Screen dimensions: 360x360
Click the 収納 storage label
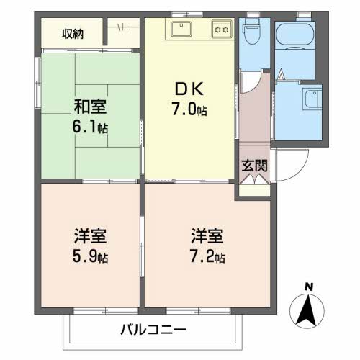[72, 32]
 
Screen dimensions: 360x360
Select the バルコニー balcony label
[153, 330]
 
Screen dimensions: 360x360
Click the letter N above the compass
[308, 287]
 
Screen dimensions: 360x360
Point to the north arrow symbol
[307, 311]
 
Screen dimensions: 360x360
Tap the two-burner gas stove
[220, 30]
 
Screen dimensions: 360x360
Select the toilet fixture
[251, 32]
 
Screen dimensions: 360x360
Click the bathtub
[296, 35]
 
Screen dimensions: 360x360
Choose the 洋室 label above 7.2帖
[207, 235]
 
